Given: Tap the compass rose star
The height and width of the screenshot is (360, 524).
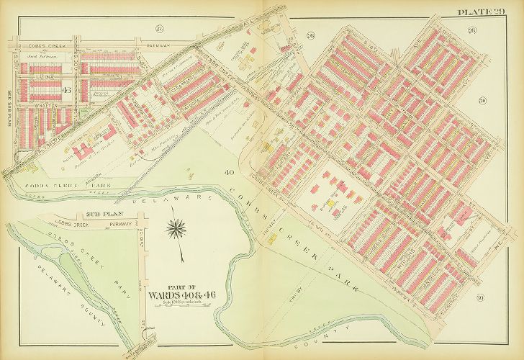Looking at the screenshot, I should (x=175, y=230).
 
